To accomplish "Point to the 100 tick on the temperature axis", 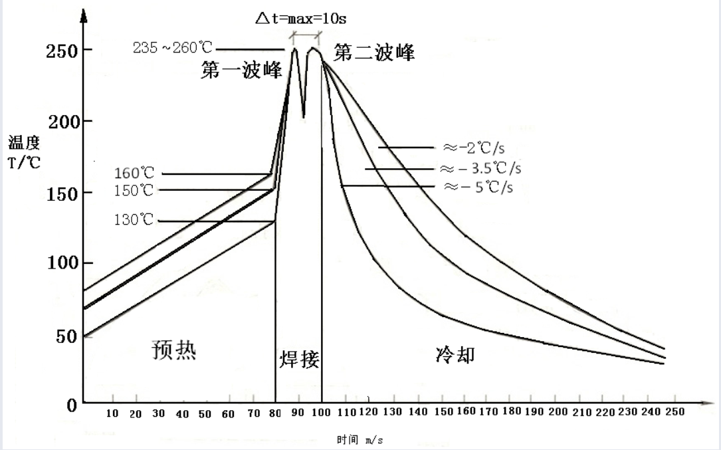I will coord(62,263).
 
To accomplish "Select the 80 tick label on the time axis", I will coord(275,413).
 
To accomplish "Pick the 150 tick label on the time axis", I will coord(443,412).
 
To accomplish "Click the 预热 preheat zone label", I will coord(174,350).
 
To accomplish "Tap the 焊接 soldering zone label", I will coord(299,360).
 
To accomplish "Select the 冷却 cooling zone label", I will coord(455,355).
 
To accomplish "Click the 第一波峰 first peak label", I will coord(241,71).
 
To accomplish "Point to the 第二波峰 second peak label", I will coord(374,53).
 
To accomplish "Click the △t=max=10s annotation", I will coord(301,18).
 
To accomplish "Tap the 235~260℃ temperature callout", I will coord(173,49).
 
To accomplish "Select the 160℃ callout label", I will coord(134,174).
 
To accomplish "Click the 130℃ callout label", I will coord(134,221).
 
